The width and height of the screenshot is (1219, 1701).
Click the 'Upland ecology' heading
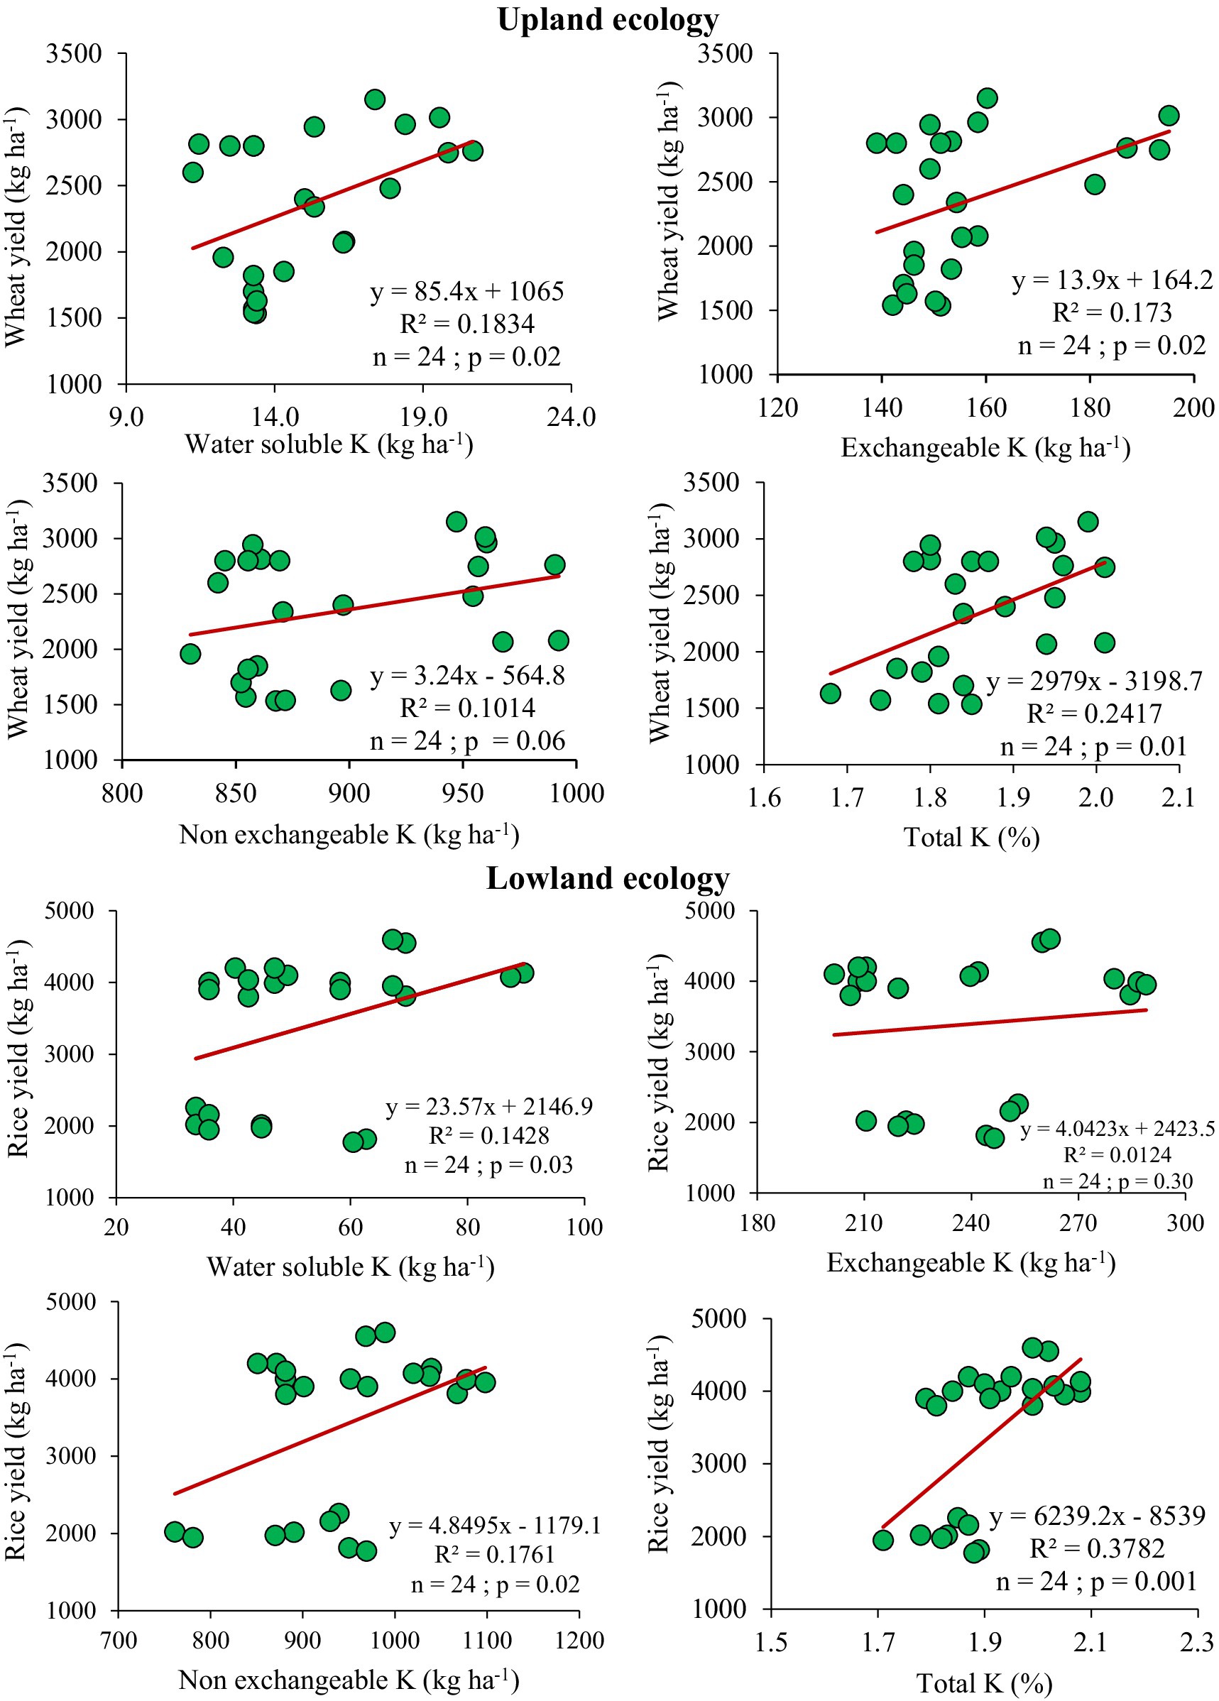coord(608,21)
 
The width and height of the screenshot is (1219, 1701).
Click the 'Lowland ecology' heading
coord(608,878)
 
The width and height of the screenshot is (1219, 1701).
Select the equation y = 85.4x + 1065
coord(466,292)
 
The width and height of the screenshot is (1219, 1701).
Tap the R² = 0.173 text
coord(1112,313)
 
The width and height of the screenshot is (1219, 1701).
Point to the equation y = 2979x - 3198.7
coord(1095,681)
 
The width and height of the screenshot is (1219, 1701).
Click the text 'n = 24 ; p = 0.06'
coord(467,741)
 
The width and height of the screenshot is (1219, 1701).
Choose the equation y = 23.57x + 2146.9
coord(489,1106)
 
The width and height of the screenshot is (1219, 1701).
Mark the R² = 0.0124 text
coord(1117,1154)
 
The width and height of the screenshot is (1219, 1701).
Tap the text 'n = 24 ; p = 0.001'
coord(1096,1581)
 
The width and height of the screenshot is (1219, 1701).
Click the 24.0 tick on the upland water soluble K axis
coord(571,417)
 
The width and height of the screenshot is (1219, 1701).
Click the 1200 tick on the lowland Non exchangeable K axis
coord(579,1640)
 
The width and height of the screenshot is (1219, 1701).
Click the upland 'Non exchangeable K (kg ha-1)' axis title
coord(349,834)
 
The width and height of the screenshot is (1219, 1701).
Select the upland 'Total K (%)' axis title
coord(971,837)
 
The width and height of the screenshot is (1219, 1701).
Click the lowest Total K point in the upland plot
coord(830,693)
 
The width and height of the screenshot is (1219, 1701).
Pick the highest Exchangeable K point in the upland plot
coord(1168,116)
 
